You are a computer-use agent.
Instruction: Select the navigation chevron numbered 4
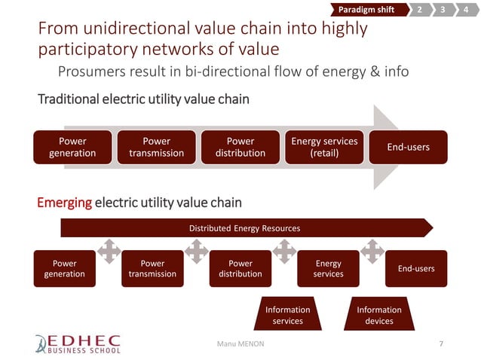467,9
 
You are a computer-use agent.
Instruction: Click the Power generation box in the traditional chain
72,147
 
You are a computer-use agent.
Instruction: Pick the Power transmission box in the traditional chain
156,147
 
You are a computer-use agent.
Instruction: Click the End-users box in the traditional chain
408,147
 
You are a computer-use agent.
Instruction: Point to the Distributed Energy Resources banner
245,227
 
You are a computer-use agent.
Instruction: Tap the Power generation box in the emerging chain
64,269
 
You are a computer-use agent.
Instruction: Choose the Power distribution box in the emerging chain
240,269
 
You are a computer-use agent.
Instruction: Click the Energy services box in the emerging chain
328,269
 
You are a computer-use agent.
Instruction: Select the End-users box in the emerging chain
415,269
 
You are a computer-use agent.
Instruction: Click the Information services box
287,315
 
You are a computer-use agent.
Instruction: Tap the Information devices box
378,315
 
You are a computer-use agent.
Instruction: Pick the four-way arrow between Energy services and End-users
372,251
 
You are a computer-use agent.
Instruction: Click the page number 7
441,343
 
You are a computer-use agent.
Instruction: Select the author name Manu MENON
241,343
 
